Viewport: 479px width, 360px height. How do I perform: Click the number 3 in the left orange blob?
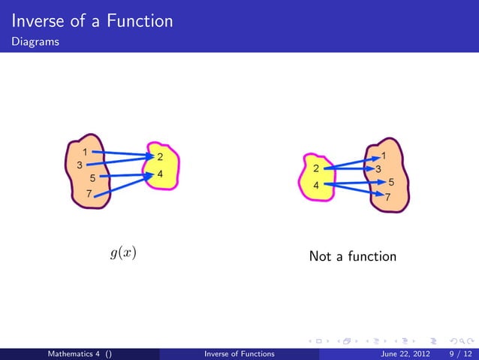pos(79,165)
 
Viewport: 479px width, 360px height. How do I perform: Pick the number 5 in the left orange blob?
pos(92,179)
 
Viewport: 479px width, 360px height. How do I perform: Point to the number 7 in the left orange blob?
pos(89,194)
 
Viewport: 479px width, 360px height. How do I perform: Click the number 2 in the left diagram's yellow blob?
pos(160,157)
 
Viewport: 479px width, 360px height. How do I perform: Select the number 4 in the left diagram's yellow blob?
pos(160,174)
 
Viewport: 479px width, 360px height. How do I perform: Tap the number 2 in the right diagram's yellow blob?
pos(316,168)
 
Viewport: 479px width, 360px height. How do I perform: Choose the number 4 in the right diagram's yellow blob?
pos(316,186)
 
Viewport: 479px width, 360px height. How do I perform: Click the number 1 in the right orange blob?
pos(384,156)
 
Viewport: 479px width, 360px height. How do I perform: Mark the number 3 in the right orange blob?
pos(378,169)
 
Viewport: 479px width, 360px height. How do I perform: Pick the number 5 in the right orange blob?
pos(391,183)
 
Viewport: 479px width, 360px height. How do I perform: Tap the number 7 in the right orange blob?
pos(387,198)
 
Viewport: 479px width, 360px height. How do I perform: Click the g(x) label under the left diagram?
pos(122,253)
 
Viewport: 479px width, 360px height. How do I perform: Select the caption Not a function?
pos(352,257)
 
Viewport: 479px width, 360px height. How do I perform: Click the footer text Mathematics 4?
pos(75,353)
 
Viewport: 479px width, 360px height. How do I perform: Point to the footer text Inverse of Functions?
pos(239,353)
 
